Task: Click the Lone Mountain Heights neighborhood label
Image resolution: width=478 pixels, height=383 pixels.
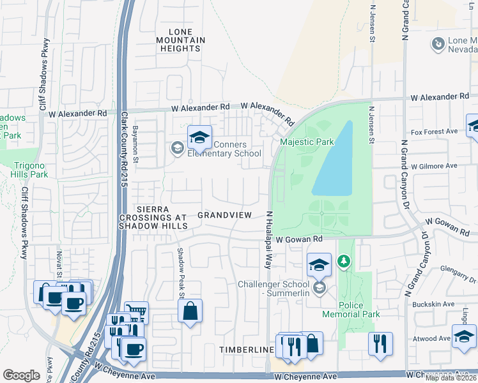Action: point(186,40)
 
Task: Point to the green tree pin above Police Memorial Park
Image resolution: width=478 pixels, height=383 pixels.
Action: point(344,261)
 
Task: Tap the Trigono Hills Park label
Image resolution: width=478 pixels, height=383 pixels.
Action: point(30,170)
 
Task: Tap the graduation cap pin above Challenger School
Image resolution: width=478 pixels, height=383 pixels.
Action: point(319,264)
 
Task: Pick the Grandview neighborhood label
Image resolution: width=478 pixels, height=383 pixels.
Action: point(224,215)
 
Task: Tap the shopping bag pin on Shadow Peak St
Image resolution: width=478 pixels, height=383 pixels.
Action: point(190,312)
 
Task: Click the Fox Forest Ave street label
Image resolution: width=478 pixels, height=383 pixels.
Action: point(435,131)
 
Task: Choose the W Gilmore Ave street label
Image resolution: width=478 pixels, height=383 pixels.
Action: point(435,165)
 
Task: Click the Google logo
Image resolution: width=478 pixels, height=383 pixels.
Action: point(22,375)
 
